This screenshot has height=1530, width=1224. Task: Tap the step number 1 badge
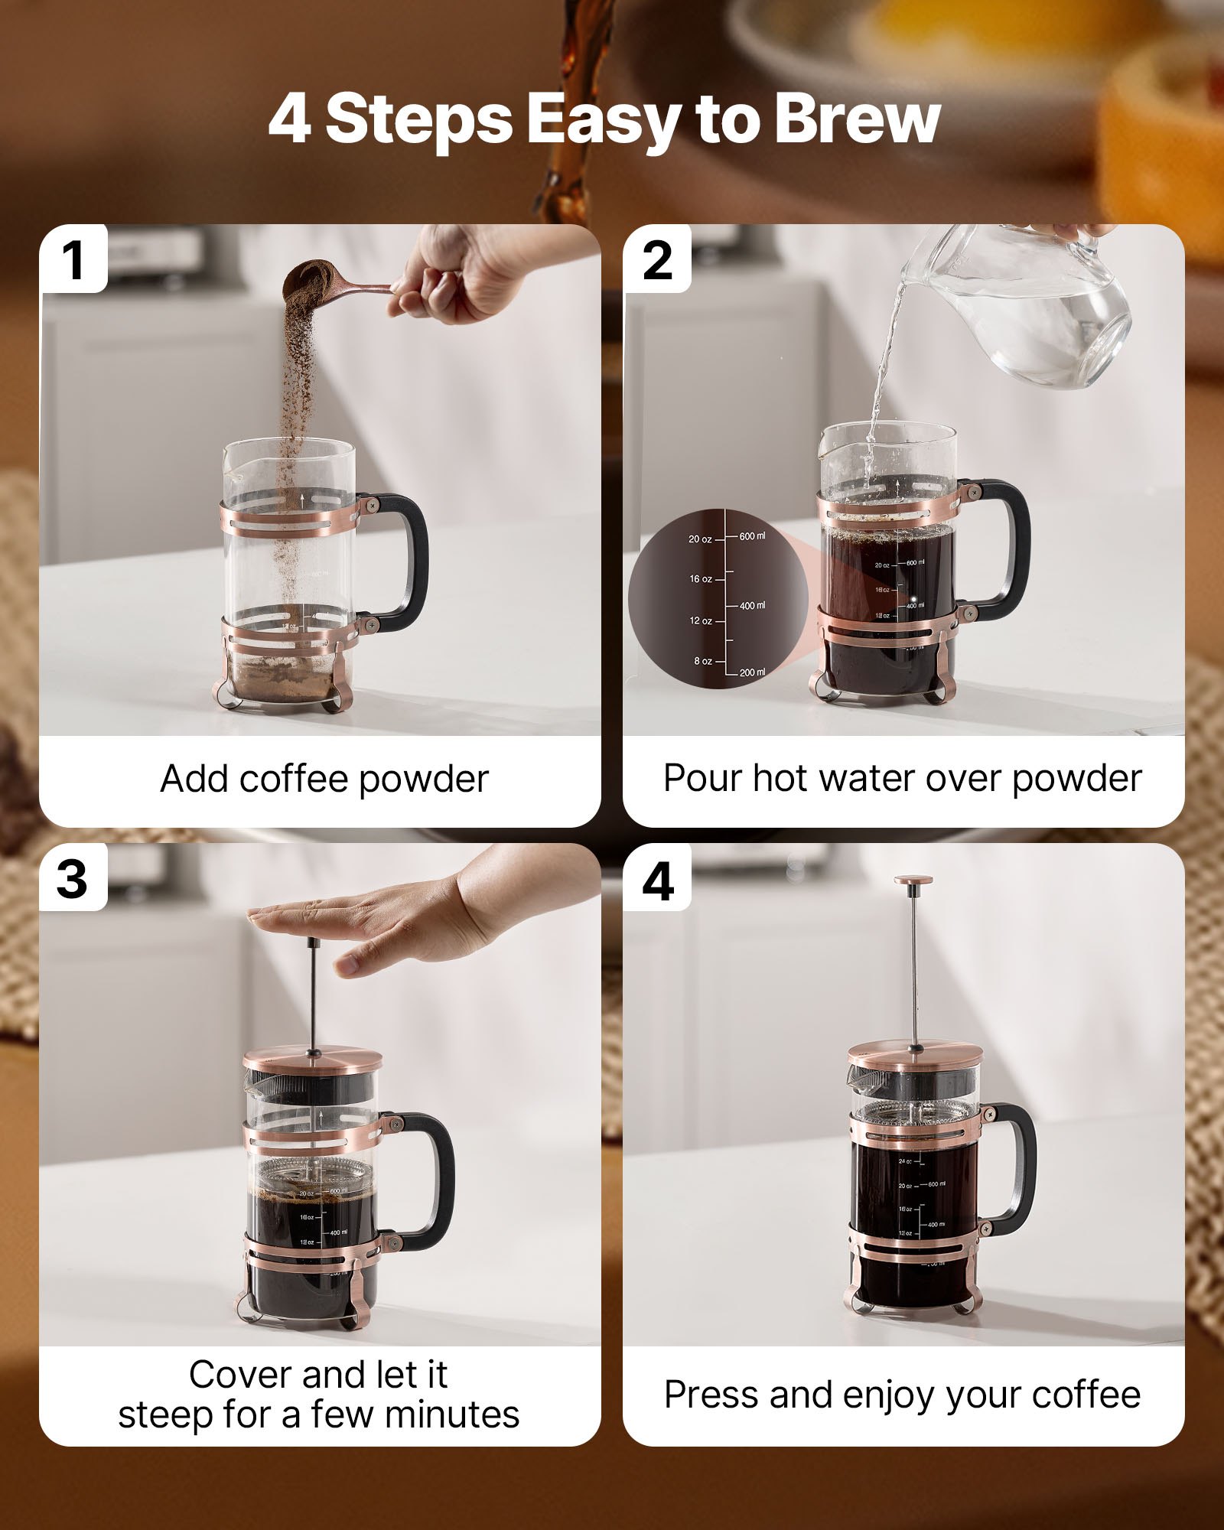73,260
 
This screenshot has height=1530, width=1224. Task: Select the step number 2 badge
658,260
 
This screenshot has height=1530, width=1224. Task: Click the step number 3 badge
72,878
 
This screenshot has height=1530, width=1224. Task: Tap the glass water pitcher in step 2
1025,314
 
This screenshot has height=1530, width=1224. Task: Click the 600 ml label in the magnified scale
751,536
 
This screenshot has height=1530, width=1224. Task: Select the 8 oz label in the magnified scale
702,661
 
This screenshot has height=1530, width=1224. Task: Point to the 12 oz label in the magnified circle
700,620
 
